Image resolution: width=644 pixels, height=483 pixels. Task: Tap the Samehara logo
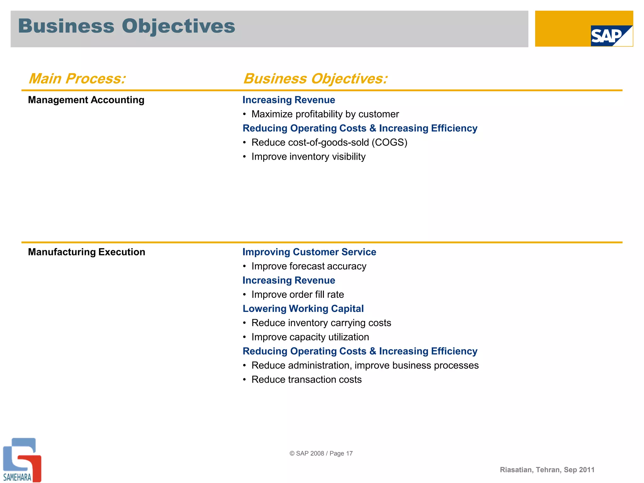(21, 459)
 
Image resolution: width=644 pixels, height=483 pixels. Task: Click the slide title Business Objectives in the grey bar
(126, 26)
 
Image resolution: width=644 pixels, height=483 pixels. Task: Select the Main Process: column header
(77, 79)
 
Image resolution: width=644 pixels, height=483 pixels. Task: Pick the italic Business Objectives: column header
(315, 79)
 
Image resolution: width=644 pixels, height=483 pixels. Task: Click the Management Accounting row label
(86, 100)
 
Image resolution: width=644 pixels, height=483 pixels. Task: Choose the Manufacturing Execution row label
(86, 252)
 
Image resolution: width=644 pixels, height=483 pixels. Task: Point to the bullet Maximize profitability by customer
(325, 114)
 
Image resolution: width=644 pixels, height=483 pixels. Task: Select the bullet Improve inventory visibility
(308, 157)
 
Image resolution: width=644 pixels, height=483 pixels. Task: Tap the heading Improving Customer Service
(309, 252)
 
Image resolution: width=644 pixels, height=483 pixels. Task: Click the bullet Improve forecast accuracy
(308, 266)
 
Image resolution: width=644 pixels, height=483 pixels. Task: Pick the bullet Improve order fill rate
(297, 295)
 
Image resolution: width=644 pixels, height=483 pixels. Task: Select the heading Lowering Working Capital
(303, 309)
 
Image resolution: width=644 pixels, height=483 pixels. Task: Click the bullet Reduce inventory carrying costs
(321, 323)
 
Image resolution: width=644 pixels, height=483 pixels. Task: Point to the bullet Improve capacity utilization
(310, 337)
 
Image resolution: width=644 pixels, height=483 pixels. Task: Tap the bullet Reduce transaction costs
(306, 380)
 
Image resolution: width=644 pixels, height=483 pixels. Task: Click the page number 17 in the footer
(349, 453)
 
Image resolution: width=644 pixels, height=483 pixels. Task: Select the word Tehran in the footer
(548, 470)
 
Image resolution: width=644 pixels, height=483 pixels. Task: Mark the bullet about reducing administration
(365, 365)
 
